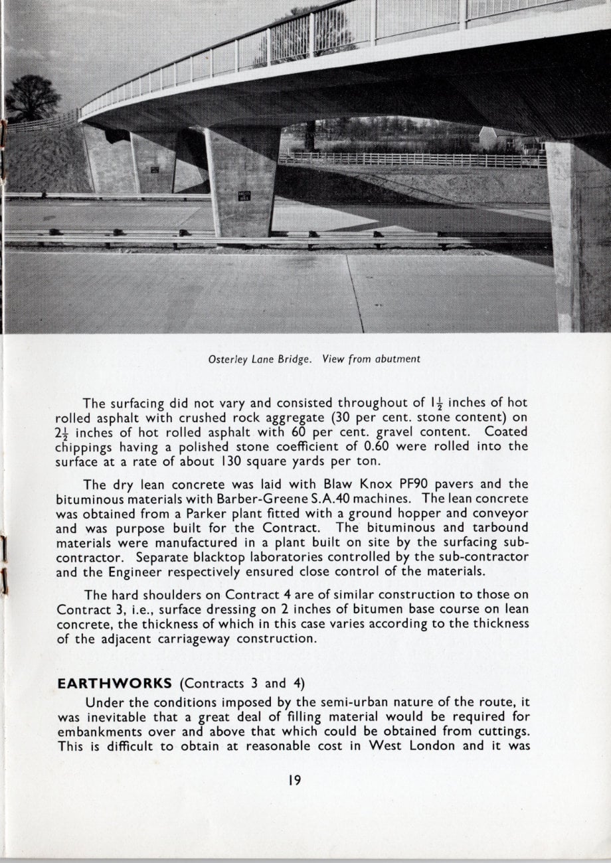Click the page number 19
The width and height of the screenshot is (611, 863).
(295, 780)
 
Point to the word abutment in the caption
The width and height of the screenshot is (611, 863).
(396, 359)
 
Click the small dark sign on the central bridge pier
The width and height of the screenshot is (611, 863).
(244, 196)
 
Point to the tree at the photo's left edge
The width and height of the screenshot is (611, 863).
(32, 99)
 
